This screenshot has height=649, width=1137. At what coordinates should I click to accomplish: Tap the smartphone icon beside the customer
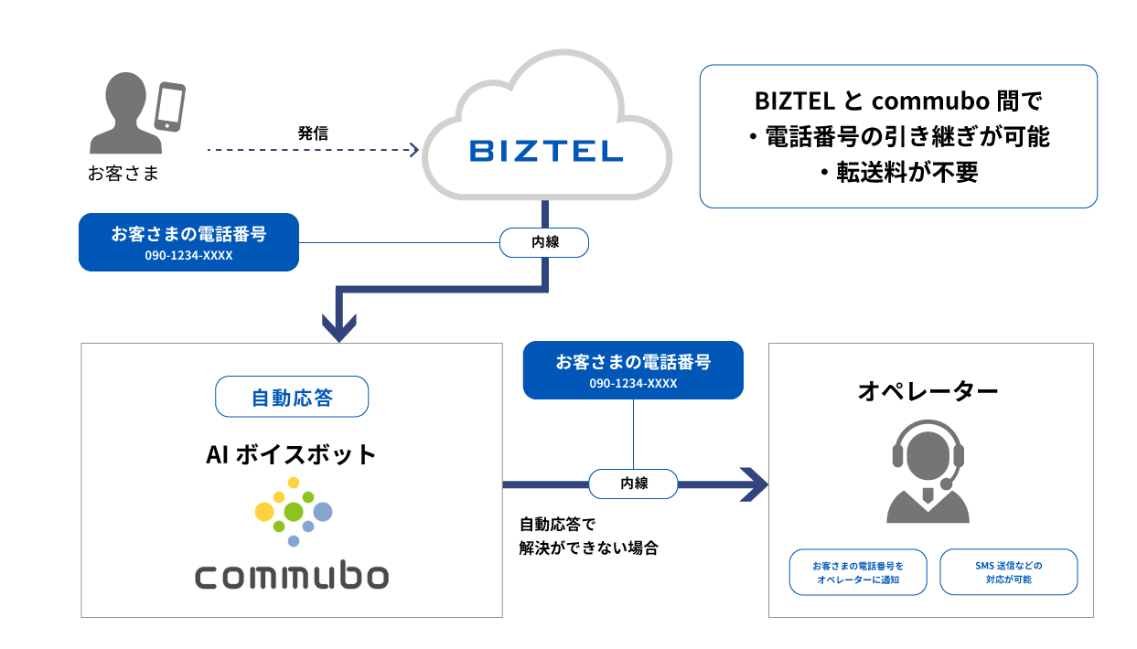pyautogui.click(x=169, y=108)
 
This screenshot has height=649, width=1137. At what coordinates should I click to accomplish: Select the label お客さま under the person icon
pyautogui.click(x=123, y=174)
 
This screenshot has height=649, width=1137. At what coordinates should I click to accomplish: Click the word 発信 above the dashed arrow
pyautogui.click(x=313, y=133)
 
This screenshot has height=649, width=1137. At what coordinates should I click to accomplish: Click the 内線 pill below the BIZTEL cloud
pyautogui.click(x=544, y=243)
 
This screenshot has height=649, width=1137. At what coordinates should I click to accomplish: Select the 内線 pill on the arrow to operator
pyautogui.click(x=633, y=484)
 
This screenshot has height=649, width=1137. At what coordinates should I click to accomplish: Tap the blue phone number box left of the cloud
pyautogui.click(x=188, y=242)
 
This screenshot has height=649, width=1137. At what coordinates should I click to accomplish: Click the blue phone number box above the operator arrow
pyautogui.click(x=633, y=370)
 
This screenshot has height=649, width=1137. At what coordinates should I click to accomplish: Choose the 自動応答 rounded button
pyautogui.click(x=292, y=398)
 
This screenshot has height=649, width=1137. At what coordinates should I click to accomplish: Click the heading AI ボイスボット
pyautogui.click(x=292, y=453)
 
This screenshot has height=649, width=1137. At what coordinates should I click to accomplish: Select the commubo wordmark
pyautogui.click(x=292, y=577)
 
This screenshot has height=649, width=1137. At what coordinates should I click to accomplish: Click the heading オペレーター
pyautogui.click(x=928, y=391)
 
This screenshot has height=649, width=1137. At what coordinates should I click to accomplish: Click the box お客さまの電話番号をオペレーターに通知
pyautogui.click(x=858, y=572)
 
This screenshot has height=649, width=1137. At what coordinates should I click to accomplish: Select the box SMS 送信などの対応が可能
pyautogui.click(x=1009, y=572)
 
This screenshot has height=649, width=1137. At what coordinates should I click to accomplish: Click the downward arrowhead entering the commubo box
pyautogui.click(x=339, y=328)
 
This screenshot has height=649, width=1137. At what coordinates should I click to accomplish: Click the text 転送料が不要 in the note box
pyautogui.click(x=897, y=173)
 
